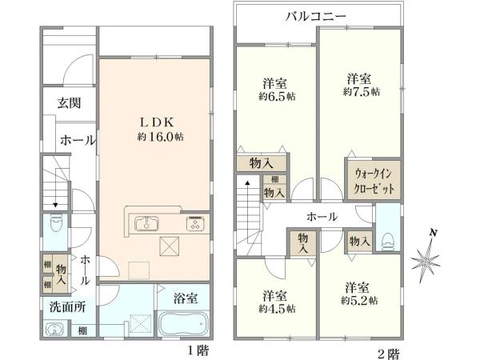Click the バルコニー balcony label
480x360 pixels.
317,15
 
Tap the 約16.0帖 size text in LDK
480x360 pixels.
160,138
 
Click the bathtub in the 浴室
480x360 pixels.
183,326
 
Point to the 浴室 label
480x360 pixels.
186,298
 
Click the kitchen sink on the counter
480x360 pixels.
148,223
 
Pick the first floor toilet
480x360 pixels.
55,223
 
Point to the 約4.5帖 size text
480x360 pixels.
276,307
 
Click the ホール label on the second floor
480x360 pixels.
322,217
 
